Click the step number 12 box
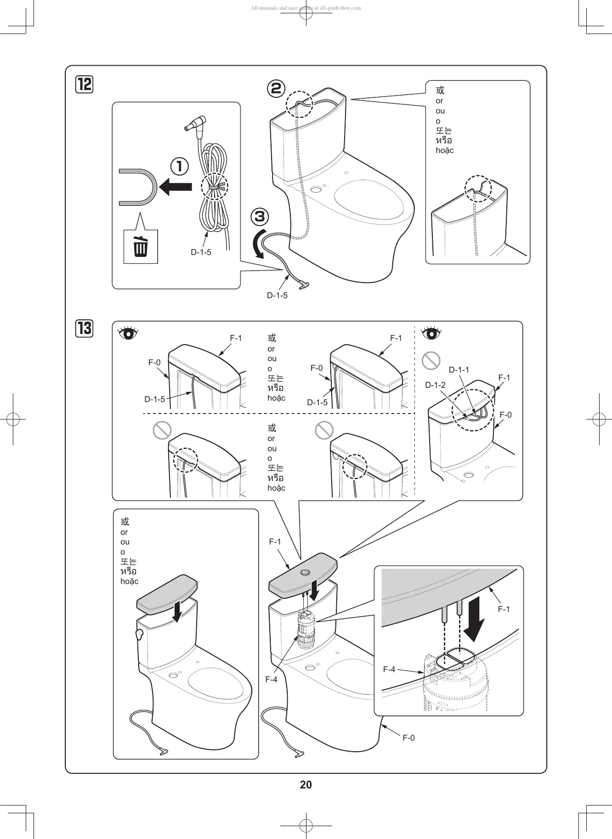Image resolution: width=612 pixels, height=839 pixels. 85,85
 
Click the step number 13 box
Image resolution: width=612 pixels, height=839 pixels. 85,329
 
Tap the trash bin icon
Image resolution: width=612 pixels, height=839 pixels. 141,247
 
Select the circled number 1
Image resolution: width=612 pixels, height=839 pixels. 180,166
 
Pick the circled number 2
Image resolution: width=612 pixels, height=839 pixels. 276,88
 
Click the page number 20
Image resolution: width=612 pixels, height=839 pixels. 306,785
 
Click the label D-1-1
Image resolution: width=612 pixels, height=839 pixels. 459,370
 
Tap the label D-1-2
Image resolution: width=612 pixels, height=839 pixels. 435,385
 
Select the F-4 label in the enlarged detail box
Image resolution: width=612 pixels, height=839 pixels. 389,669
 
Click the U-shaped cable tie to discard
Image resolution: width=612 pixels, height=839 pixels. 138,187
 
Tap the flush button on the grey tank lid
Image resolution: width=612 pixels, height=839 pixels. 305,573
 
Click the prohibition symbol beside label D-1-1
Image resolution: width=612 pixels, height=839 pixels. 431,361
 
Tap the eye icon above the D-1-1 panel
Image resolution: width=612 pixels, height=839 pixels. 431,333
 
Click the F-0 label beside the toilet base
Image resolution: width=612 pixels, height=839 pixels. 408,738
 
